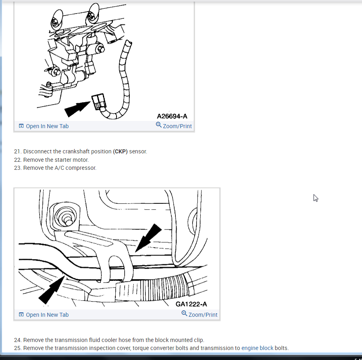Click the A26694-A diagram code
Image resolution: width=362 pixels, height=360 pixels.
(172, 116)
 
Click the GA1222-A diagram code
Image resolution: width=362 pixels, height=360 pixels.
(191, 304)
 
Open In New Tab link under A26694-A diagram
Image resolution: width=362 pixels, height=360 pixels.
(44, 126)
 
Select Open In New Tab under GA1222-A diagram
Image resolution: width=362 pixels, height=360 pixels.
(44, 315)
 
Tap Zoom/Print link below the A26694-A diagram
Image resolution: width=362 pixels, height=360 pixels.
(174, 126)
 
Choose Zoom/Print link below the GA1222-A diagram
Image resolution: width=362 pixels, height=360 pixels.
(199, 314)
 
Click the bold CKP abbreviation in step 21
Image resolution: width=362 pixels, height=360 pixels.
(120, 151)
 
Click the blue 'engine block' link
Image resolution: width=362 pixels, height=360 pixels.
(257, 348)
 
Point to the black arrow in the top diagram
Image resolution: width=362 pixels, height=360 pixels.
(77, 109)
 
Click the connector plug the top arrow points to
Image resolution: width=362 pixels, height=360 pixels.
(99, 101)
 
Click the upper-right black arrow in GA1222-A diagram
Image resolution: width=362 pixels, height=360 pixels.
(149, 238)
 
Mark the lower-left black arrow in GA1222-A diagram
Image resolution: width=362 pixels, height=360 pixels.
(52, 290)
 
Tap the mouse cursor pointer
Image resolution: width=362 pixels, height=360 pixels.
(316, 198)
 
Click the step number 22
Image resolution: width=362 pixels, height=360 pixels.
(17, 160)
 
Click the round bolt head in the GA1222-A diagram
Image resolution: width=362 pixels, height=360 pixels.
(66, 218)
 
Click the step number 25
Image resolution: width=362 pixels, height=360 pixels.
(17, 348)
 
